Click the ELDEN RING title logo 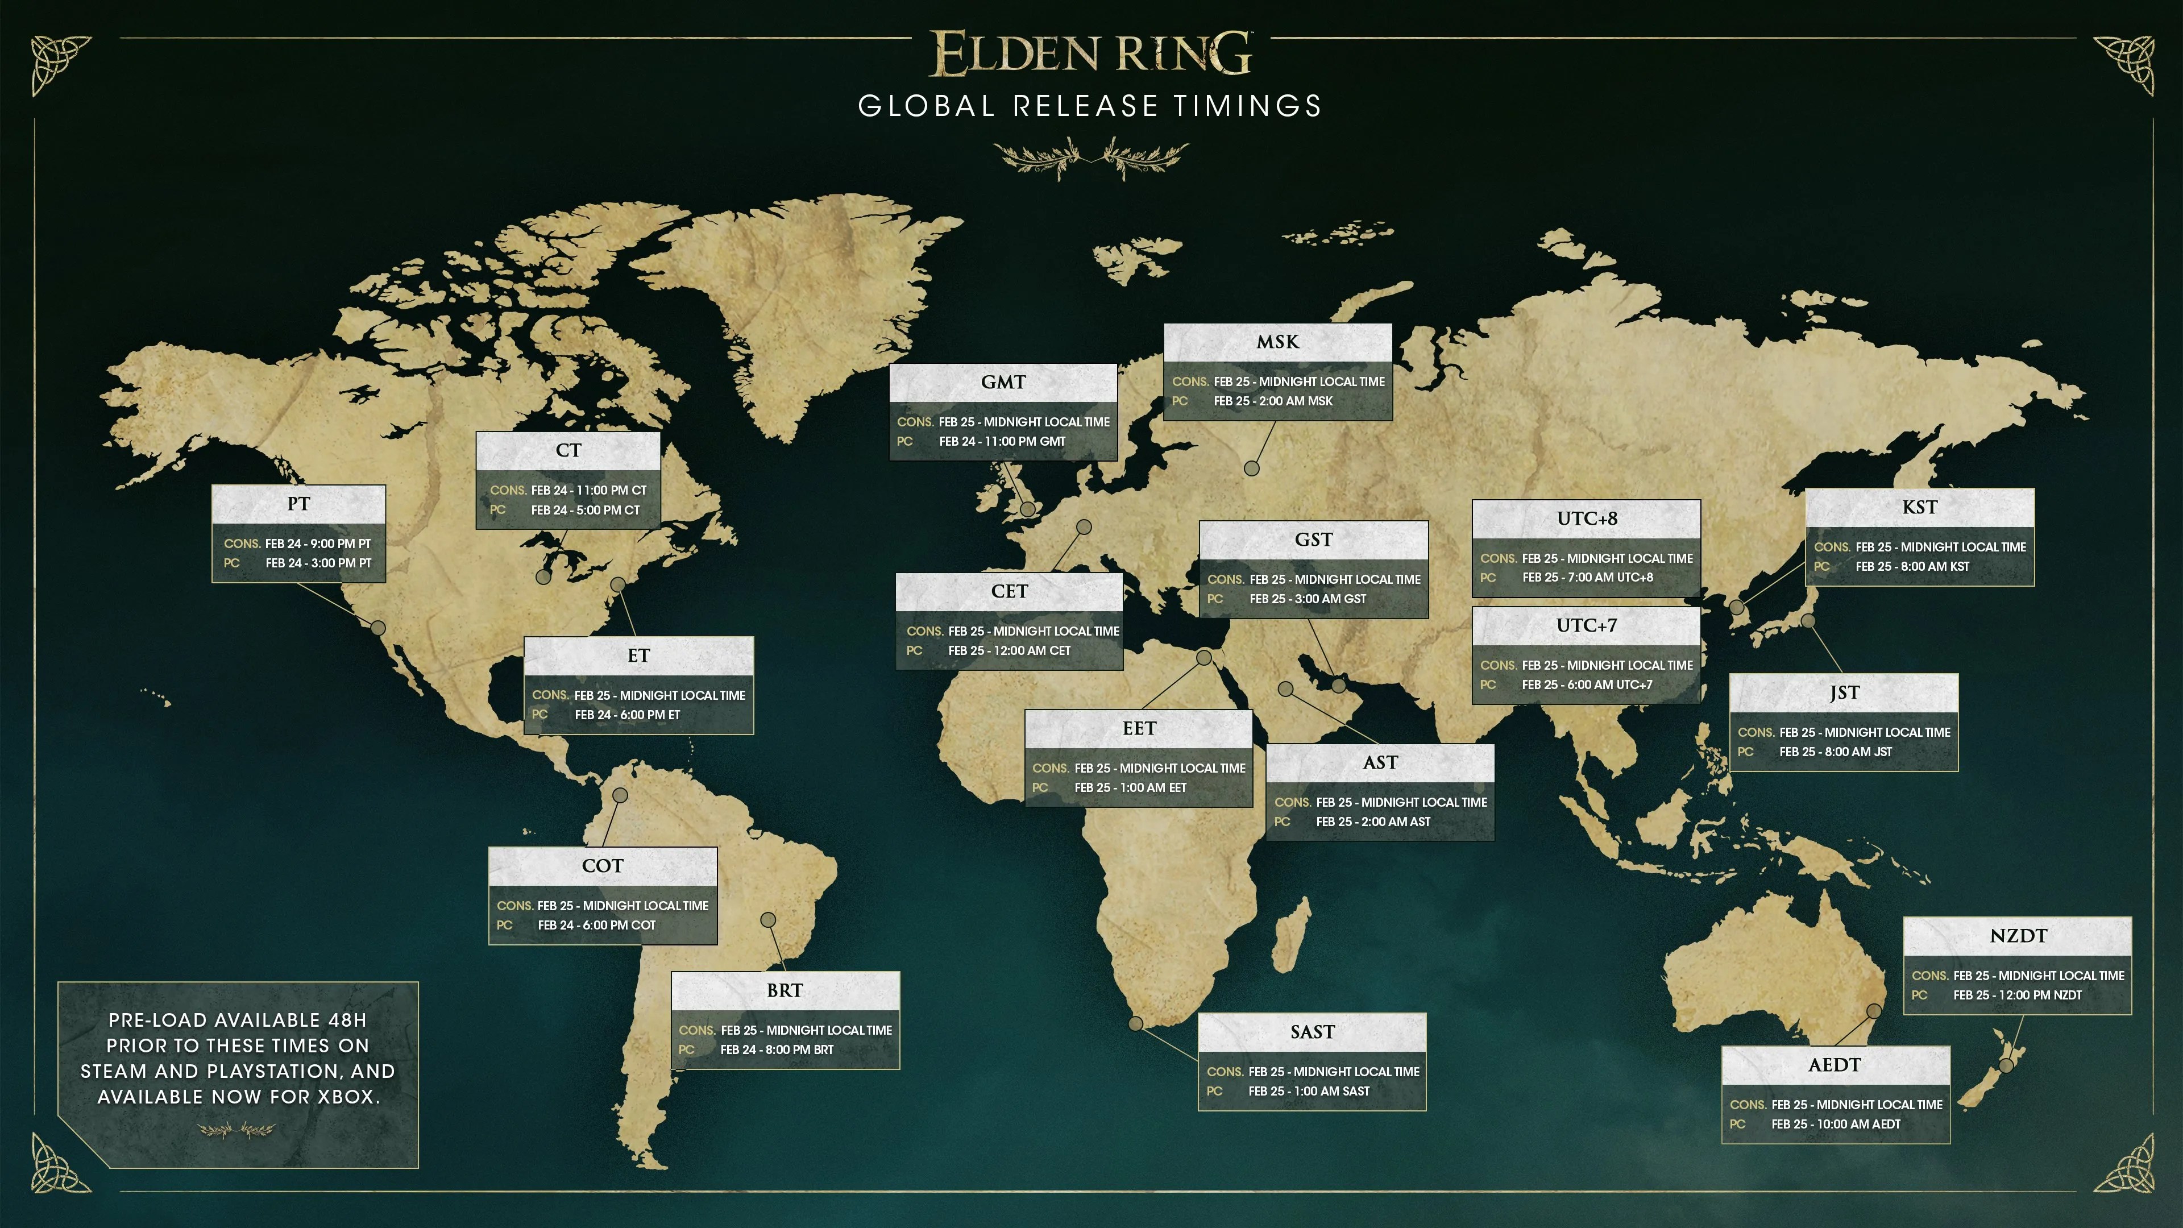tap(1091, 53)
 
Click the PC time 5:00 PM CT tap(585, 510)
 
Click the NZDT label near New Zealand tap(2018, 936)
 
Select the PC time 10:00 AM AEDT tap(1836, 1125)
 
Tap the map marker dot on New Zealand tap(2006, 1064)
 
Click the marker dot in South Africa tap(1136, 1024)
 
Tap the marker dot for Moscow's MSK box tap(1252, 468)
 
